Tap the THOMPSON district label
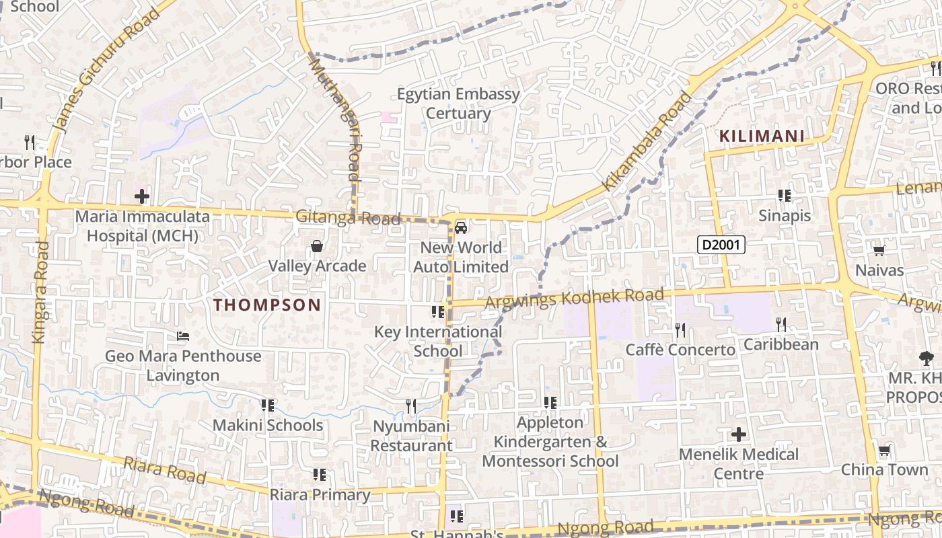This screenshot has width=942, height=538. [267, 305]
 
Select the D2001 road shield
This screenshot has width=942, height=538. [721, 245]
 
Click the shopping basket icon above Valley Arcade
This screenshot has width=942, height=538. [317, 247]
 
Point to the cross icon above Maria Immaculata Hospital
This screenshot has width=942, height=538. [142, 196]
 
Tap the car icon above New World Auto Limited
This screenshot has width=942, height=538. [461, 227]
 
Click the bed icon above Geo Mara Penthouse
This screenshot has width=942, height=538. [182, 336]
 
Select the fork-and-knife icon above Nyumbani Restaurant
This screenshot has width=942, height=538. [411, 406]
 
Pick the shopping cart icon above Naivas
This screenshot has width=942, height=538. [879, 251]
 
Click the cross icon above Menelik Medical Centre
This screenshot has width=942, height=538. [739, 434]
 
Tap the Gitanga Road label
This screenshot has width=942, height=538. [348, 218]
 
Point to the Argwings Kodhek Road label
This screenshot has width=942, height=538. [574, 299]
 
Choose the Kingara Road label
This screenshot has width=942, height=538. [40, 292]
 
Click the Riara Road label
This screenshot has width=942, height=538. [164, 470]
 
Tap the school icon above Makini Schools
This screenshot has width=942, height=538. [267, 406]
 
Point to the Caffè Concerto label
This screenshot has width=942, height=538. [680, 350]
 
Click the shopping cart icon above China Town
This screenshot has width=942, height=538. [884, 450]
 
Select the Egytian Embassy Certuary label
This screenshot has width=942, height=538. [458, 104]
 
